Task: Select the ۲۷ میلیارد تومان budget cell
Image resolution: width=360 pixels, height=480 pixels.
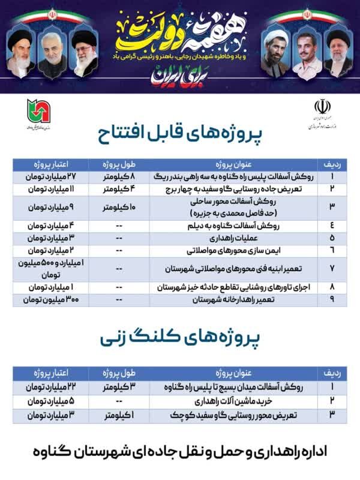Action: (x=50, y=178)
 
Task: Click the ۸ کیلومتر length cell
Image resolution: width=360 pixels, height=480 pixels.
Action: (x=118, y=178)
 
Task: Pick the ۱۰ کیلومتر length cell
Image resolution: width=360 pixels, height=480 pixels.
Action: (x=118, y=208)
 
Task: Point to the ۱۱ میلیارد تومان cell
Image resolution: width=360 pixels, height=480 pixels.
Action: (x=50, y=189)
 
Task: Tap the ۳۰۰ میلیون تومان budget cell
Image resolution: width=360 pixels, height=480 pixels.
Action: (x=50, y=299)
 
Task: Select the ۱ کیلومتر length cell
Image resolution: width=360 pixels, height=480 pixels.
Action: (x=118, y=414)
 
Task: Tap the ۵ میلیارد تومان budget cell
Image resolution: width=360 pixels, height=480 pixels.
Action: (x=50, y=400)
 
